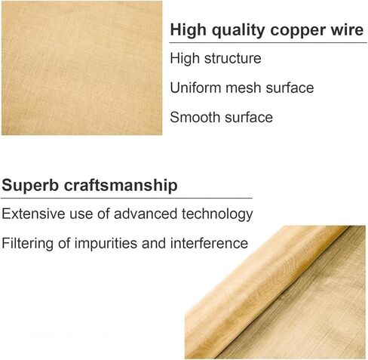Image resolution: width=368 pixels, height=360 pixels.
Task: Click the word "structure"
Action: (232, 59)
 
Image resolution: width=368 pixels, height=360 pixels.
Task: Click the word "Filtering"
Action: (28, 244)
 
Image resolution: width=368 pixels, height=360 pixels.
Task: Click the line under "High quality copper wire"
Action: (267, 43)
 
